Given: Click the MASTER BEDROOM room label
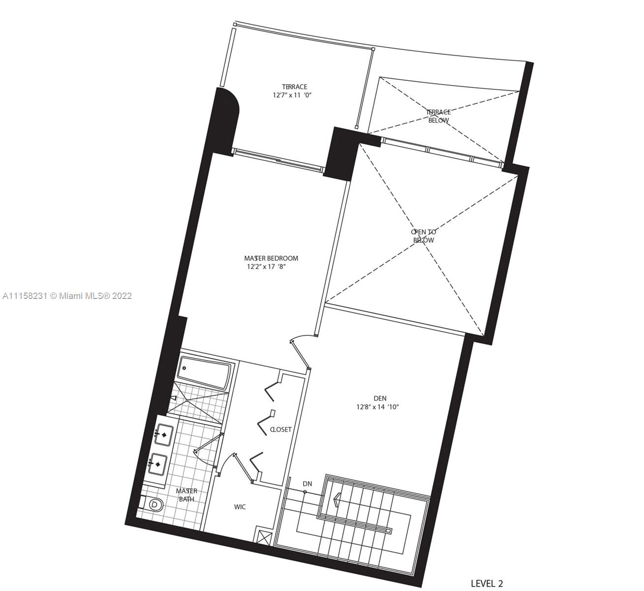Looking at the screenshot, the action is (x=271, y=258).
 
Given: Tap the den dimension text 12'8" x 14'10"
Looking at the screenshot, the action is (x=377, y=407).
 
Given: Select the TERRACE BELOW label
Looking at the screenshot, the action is (x=438, y=116).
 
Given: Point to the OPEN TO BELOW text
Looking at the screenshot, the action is (x=424, y=236).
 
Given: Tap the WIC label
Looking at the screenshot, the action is (x=240, y=507).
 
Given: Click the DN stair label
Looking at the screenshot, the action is (x=307, y=484).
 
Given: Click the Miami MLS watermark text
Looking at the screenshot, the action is (x=67, y=295).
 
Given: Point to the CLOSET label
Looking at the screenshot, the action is (x=281, y=429).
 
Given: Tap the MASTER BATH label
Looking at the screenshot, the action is (x=186, y=495).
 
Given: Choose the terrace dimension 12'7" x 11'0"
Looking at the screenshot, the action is (x=292, y=95).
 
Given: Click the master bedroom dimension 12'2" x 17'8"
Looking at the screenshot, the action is (x=267, y=266).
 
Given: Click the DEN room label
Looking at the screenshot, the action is (x=380, y=398).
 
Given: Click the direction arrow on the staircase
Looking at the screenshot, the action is (x=337, y=499).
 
